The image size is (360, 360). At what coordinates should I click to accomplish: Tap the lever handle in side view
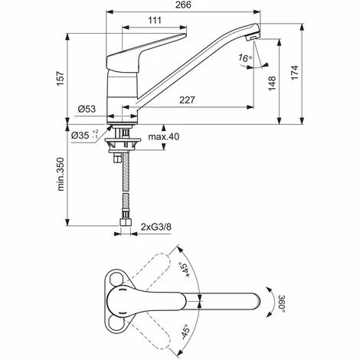(153, 45)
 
